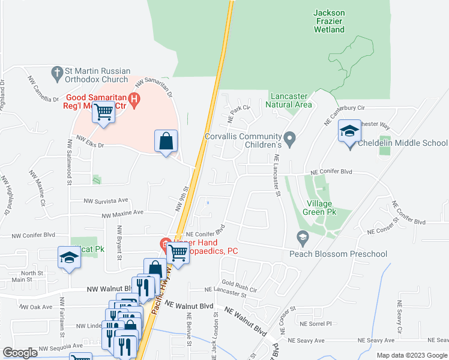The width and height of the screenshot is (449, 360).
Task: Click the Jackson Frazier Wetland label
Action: [330, 20]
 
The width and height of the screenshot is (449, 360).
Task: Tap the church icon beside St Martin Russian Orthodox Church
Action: [58, 72]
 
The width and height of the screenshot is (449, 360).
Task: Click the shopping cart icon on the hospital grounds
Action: [103, 112]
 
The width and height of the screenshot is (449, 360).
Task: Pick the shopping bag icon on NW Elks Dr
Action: [166, 141]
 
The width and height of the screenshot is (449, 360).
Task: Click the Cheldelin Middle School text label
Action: [403, 143]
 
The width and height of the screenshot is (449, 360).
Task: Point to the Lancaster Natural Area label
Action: [289, 100]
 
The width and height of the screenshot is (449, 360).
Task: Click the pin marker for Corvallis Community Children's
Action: [290, 140]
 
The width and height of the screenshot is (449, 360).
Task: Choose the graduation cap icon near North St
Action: [69, 257]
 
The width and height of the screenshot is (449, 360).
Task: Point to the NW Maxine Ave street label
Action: [122, 214]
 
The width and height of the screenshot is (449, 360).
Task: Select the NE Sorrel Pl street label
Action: [316, 323]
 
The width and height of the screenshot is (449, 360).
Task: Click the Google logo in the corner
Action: [20, 353]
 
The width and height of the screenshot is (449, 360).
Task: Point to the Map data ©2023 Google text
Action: [411, 355]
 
